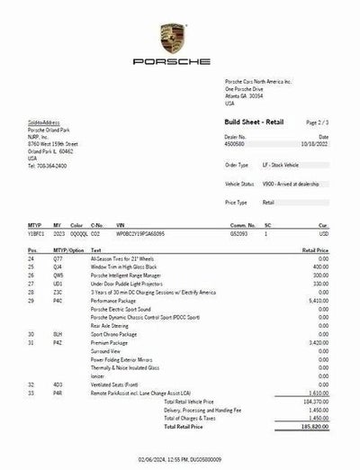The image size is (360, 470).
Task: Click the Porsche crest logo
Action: tap(171, 40)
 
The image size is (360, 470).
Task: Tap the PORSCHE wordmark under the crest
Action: tap(171, 62)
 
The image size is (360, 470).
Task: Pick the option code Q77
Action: tap(58, 258)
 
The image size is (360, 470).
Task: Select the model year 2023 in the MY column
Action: tap(57, 232)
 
